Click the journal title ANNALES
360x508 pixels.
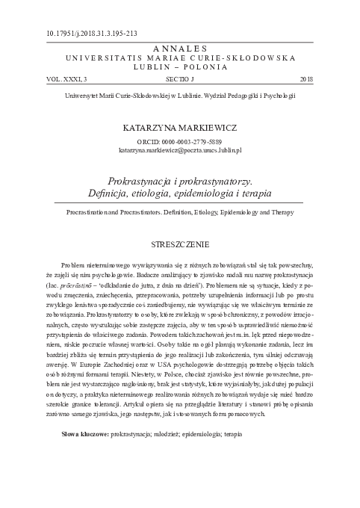[179, 47]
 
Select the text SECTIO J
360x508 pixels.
[179, 78]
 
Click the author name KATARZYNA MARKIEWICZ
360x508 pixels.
[179, 128]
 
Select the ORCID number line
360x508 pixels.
[180, 141]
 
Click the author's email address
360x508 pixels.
[180, 149]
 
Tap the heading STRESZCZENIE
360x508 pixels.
[179, 244]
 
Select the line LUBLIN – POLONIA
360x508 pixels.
[179, 66]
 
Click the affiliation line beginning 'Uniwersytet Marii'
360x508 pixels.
[180, 96]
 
